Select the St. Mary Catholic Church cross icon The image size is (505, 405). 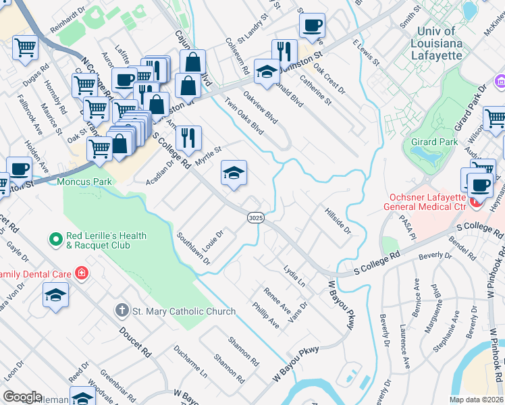tap(122, 311)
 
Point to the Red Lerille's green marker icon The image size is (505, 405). tap(56, 239)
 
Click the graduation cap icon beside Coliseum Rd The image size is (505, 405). tap(267, 71)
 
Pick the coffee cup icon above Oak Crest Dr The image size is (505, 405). tap(312, 26)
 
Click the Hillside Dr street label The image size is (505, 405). tap(338, 221)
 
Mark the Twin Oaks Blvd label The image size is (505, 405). tap(244, 116)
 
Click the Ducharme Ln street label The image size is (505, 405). tap(190, 361)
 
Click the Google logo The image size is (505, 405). tap(22, 397)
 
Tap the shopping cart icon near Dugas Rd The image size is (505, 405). tap(25, 48)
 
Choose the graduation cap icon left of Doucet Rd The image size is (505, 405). tap(55, 294)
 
